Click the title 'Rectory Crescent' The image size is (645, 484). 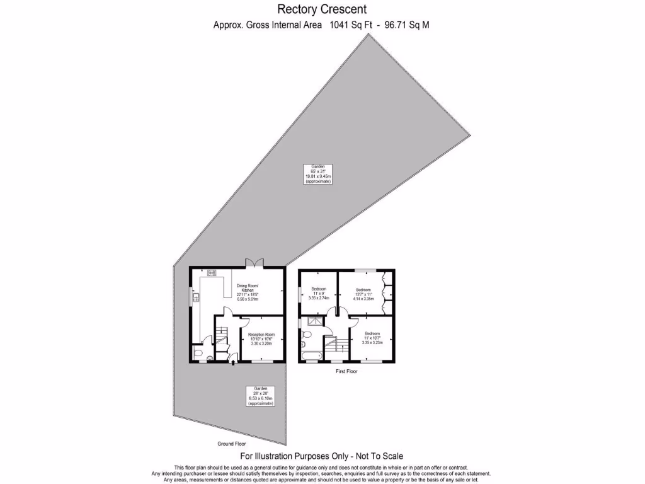click(x=322, y=9)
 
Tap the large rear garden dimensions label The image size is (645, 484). click(x=318, y=173)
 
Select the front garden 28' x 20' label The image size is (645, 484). click(x=260, y=396)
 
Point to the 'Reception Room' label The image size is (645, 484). click(x=261, y=339)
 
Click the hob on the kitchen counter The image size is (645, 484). click(x=212, y=273)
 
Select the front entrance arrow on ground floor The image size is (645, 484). click(x=233, y=361)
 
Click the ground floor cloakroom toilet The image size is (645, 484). click(x=199, y=353)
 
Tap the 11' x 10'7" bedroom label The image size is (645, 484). click(x=372, y=337)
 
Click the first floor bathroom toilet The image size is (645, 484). click(x=304, y=344)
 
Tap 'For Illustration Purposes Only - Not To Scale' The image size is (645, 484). click(x=322, y=456)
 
